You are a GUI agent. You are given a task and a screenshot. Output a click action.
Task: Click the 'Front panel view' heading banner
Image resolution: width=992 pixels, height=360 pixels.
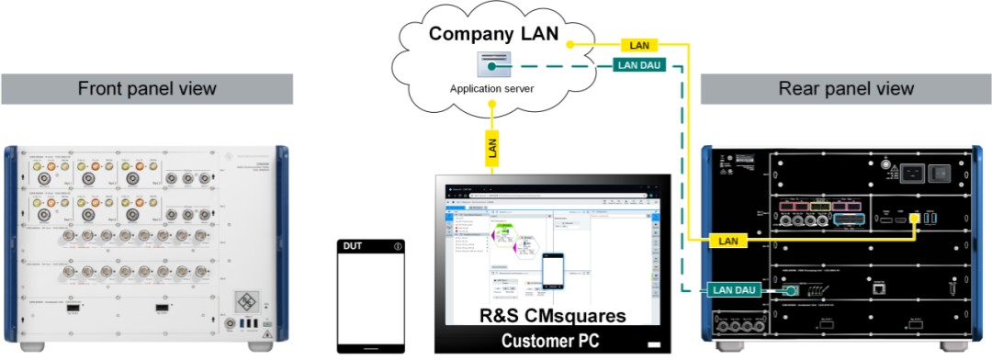tap(147, 89)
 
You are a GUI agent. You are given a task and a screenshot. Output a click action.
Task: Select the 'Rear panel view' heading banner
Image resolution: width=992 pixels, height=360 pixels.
tap(846, 89)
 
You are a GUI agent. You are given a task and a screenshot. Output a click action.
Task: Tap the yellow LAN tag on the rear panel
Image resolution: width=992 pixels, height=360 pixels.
tap(727, 241)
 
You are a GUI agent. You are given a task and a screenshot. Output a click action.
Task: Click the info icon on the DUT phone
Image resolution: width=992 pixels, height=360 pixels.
tap(398, 245)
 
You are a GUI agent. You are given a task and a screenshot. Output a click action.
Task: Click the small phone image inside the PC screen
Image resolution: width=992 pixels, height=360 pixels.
tap(552, 269)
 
